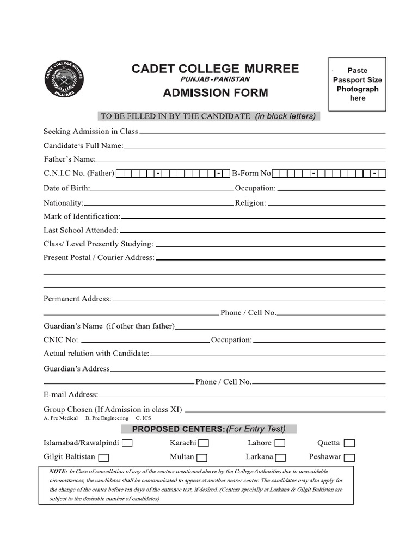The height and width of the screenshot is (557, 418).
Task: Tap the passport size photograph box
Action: click(x=358, y=84)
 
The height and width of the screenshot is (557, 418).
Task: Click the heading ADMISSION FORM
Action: click(x=216, y=92)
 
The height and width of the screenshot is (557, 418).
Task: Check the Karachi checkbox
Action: click(x=204, y=443)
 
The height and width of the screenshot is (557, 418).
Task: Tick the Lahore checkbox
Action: click(x=280, y=443)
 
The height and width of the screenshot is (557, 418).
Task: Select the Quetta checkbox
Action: click(x=349, y=443)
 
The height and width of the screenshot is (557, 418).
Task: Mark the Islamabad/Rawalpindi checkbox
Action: click(x=127, y=443)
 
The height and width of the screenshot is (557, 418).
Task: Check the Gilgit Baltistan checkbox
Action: click(x=103, y=457)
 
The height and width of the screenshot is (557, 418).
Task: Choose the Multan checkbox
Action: click(x=202, y=457)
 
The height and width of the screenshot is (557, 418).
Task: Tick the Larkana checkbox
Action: click(x=281, y=457)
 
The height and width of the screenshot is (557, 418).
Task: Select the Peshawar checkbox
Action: click(x=349, y=457)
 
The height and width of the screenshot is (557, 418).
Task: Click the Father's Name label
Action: click(x=70, y=159)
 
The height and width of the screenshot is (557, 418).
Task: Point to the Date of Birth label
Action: click(x=66, y=188)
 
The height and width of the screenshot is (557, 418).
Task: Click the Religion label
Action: click(x=250, y=203)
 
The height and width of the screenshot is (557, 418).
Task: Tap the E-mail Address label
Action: click(x=71, y=394)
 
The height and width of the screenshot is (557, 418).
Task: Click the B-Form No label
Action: click(x=251, y=174)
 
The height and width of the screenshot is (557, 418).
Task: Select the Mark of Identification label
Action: click(x=82, y=216)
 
